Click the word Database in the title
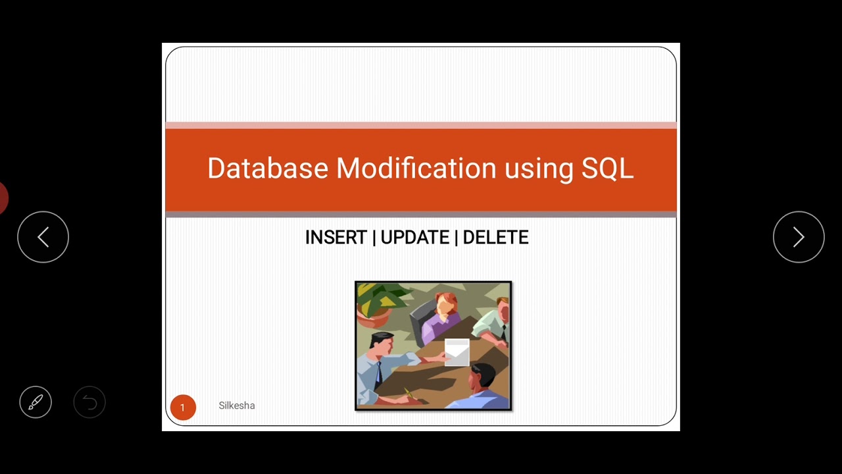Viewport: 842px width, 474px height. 267,169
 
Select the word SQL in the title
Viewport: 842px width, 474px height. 607,169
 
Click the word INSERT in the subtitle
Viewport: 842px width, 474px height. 335,238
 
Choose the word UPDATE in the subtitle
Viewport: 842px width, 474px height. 414,238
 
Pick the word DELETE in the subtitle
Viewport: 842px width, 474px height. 495,238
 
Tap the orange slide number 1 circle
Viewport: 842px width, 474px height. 183,408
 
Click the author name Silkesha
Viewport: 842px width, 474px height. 237,406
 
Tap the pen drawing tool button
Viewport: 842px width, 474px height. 36,402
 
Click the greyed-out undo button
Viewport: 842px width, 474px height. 89,402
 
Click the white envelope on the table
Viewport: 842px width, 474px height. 457,351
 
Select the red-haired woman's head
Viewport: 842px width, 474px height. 447,303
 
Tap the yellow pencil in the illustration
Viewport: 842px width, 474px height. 409,394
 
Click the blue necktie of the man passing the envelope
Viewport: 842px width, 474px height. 379,373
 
